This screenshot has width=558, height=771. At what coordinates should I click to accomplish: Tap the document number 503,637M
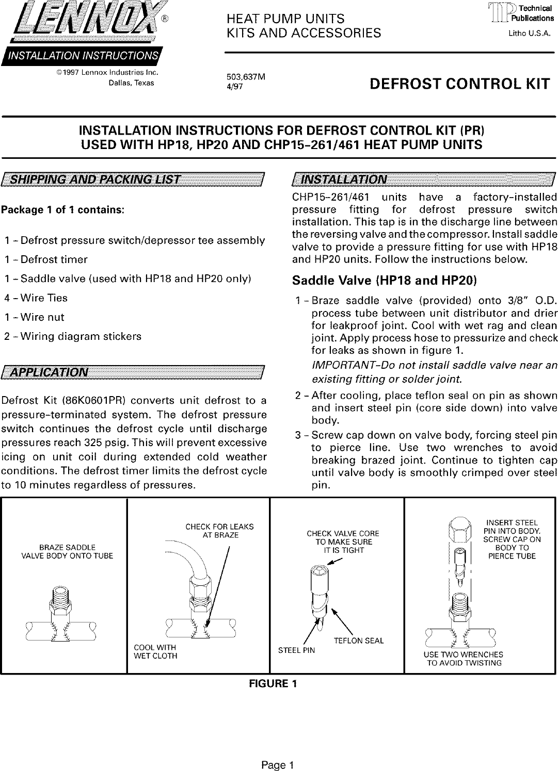click(x=246, y=77)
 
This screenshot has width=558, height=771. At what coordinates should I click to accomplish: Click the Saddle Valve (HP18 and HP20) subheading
click(x=384, y=281)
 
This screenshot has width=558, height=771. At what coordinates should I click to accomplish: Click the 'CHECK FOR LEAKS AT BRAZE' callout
click(x=219, y=531)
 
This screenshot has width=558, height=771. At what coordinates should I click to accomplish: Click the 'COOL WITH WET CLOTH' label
click(x=155, y=652)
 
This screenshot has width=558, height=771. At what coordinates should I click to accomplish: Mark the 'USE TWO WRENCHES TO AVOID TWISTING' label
click(x=464, y=659)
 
